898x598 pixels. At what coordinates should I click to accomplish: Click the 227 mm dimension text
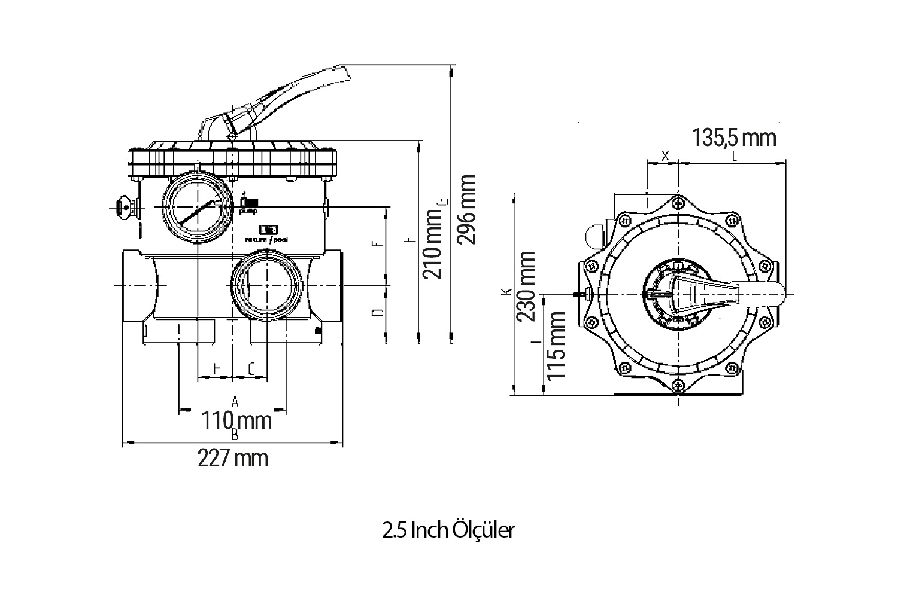(x=233, y=459)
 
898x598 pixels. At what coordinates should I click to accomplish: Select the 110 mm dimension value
(x=236, y=420)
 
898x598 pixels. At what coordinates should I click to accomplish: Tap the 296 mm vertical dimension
(x=466, y=209)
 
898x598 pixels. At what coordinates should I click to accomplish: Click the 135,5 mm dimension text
(x=734, y=138)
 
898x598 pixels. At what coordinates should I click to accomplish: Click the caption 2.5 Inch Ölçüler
(x=448, y=530)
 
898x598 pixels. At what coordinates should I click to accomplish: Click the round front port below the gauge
(x=267, y=285)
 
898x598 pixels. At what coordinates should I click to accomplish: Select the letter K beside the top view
(x=506, y=292)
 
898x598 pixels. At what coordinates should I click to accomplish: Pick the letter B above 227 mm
(x=235, y=435)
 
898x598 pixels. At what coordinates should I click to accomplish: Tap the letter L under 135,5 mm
(x=734, y=157)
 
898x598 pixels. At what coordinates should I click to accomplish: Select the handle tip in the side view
(x=344, y=73)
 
